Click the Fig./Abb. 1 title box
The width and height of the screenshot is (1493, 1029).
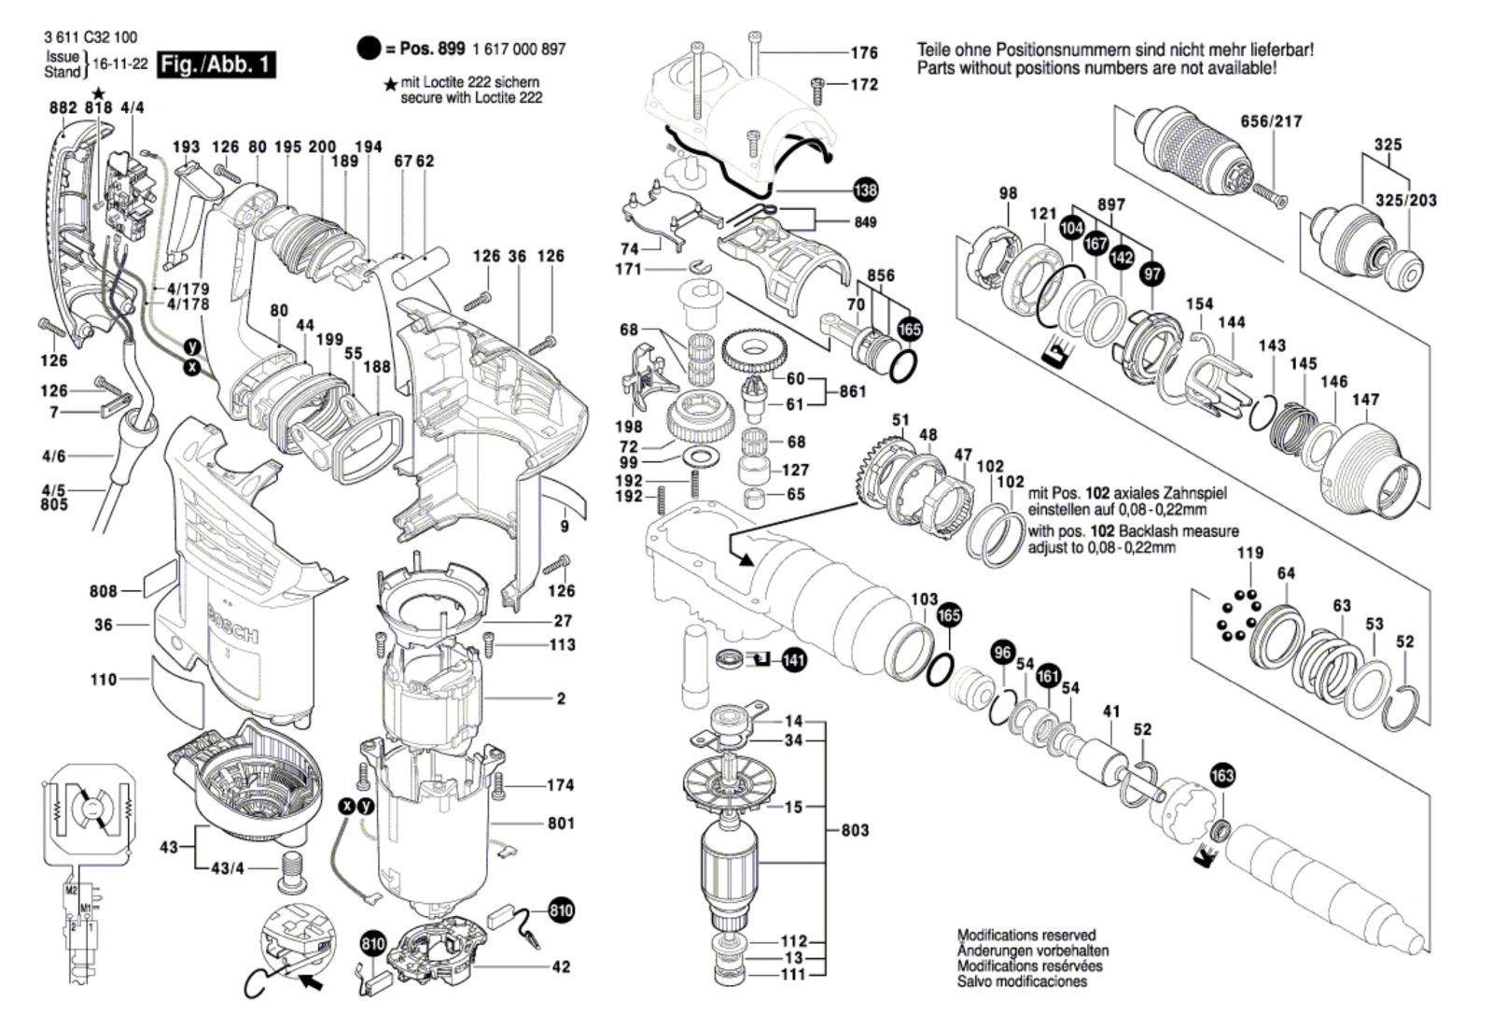216,64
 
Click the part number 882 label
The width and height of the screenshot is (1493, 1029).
63,108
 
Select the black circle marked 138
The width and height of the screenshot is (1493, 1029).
865,190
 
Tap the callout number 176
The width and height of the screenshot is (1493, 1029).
864,53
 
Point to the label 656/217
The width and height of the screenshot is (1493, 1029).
1271,121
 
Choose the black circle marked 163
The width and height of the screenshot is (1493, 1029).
1221,775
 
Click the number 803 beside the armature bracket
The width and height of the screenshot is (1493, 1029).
855,830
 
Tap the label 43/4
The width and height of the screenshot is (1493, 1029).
227,868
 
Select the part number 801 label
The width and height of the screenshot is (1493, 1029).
561,824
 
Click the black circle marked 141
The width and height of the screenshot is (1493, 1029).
793,660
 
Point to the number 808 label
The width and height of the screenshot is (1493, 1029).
104,591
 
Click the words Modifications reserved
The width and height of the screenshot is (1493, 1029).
1026,935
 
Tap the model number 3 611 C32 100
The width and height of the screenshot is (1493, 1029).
90,37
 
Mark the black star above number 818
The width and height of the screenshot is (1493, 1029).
99,92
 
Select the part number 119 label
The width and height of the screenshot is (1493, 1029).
1250,553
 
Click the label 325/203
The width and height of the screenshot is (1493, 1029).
1405,201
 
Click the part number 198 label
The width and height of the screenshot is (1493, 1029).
629,428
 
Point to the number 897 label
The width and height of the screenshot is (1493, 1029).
1111,204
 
